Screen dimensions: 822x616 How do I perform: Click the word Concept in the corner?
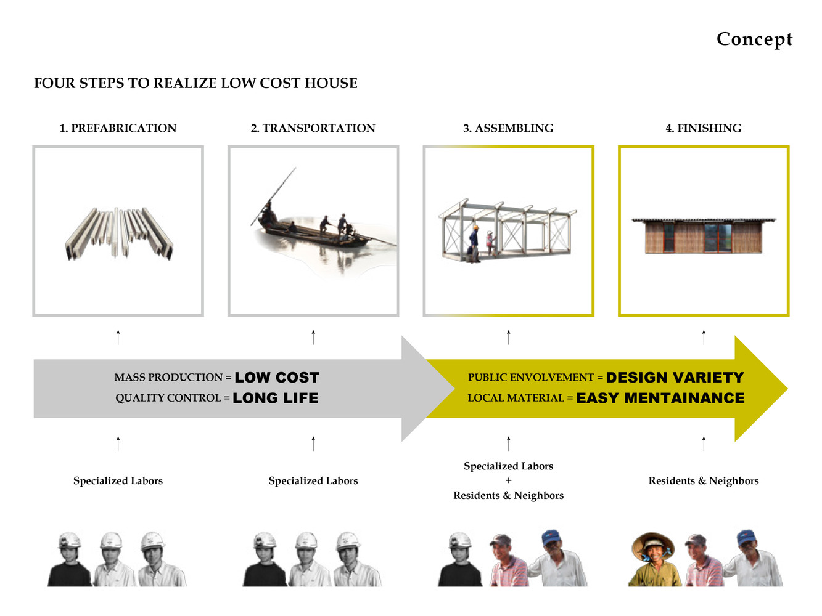[x=754, y=39]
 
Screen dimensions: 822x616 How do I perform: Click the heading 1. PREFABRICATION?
[x=118, y=128]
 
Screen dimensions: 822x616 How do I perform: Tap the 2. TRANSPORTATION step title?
[x=313, y=128]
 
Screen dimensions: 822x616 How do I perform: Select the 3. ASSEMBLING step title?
[x=508, y=128]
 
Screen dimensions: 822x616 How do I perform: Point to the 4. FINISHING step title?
[x=703, y=128]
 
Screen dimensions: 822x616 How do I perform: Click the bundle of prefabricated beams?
[x=119, y=233]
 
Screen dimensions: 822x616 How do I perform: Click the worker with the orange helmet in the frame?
[x=474, y=244]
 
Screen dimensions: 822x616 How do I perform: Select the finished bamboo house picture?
[x=703, y=236]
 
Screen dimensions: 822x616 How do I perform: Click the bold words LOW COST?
[x=277, y=378]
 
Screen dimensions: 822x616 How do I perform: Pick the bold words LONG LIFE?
[x=276, y=398]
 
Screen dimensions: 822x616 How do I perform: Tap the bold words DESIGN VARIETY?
[x=675, y=378]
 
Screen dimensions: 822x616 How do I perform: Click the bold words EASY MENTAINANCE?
[x=660, y=398]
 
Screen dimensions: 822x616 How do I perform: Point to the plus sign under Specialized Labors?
[x=508, y=480]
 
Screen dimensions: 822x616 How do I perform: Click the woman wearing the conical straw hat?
[x=653, y=559]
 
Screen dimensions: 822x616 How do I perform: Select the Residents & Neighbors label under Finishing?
[x=703, y=480]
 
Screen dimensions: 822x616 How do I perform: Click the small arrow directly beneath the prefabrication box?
[x=118, y=338]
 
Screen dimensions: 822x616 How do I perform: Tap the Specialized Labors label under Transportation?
[x=313, y=480]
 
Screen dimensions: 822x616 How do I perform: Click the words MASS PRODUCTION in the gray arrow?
[x=168, y=378]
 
